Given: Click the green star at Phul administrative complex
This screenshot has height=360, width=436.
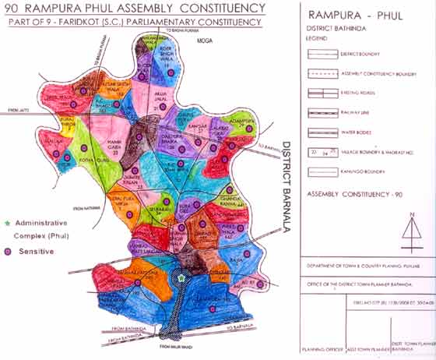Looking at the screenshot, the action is click(x=181, y=277).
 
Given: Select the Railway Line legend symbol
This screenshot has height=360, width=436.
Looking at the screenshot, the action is click(x=322, y=112).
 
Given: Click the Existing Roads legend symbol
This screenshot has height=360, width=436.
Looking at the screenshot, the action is click(x=322, y=94).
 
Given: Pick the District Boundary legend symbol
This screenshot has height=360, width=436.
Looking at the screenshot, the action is click(x=322, y=55).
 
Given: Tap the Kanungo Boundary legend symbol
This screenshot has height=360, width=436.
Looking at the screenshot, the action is click(x=322, y=171).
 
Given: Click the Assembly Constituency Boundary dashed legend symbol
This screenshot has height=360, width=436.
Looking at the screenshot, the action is click(x=322, y=73).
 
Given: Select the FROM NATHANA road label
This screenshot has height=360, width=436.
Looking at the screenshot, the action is click(x=87, y=208).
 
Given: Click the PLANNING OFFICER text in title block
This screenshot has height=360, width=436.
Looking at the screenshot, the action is click(x=321, y=351).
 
